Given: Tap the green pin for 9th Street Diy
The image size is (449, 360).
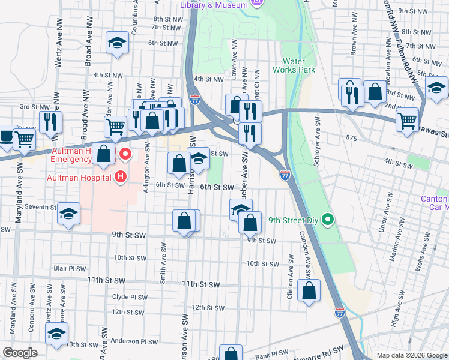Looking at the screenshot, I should [x=327, y=220].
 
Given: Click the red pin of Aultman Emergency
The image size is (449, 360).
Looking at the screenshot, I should [x=125, y=154].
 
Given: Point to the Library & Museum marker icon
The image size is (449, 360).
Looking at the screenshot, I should [x=258, y=4].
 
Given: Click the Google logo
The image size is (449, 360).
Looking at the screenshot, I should [x=20, y=353].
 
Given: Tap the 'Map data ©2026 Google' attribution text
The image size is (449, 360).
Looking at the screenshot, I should [x=411, y=355].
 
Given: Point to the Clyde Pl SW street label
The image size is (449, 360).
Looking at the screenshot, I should [x=129, y=297].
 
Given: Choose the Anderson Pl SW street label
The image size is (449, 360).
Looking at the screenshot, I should [x=134, y=341].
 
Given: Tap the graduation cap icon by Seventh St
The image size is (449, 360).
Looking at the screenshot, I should [x=69, y=214].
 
